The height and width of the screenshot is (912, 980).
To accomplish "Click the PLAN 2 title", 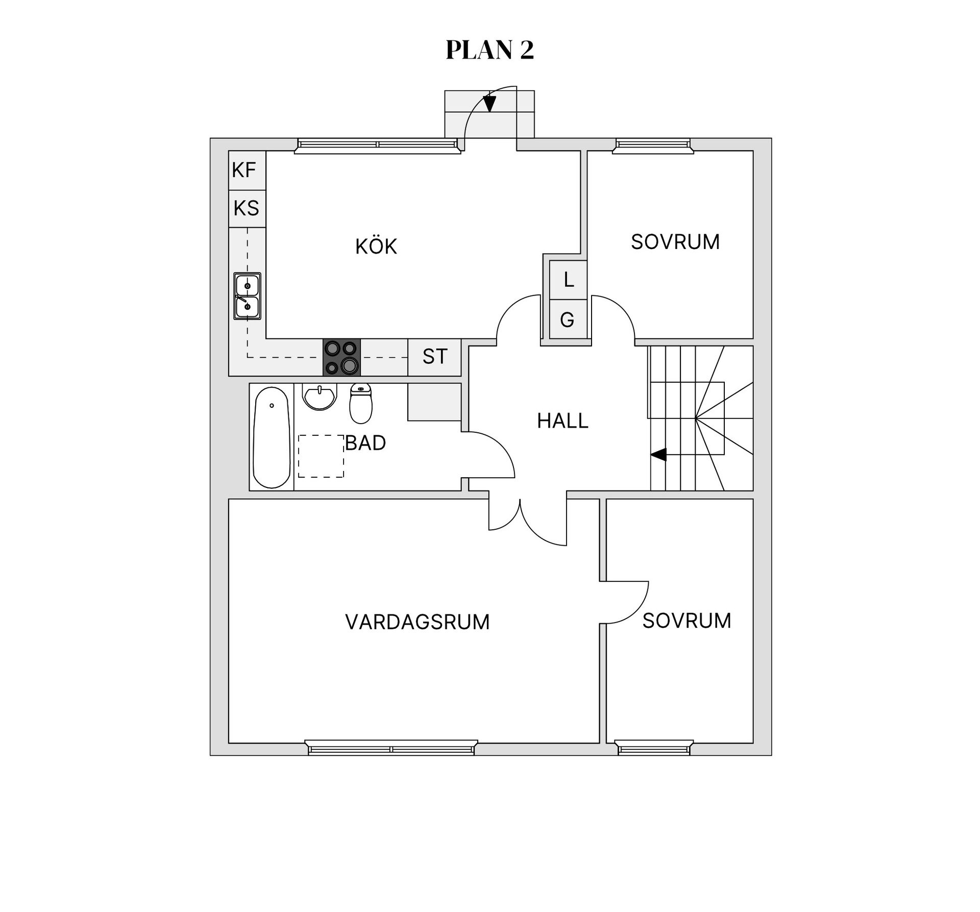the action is click(x=489, y=50).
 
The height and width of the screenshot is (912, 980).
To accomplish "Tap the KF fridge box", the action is click(x=247, y=170).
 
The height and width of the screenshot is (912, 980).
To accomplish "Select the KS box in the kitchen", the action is click(x=247, y=209).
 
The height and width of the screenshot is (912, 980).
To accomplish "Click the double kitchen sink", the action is click(x=247, y=296).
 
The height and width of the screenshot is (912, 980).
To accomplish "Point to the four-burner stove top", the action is click(x=341, y=357).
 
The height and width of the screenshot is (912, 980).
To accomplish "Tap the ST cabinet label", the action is click(x=435, y=357).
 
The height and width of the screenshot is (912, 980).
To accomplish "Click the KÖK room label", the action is click(x=376, y=247).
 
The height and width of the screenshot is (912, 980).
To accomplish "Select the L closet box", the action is click(x=568, y=280).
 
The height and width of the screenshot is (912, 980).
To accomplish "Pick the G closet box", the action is click(x=568, y=319).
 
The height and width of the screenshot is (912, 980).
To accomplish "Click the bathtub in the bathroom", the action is click(x=272, y=437).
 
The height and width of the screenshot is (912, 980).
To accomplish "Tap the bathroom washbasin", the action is click(x=320, y=397).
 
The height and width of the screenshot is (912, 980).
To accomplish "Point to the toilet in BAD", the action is click(x=361, y=404).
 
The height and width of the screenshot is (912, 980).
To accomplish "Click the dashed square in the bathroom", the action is click(x=321, y=456).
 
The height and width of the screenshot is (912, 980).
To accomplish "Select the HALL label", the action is click(x=563, y=421).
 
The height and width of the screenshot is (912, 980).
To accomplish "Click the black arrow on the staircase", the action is click(x=658, y=454).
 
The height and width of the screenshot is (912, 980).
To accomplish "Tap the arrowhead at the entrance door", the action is click(x=489, y=104).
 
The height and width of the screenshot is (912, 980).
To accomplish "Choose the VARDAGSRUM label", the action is click(x=418, y=622).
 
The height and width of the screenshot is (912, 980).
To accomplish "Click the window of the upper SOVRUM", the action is click(x=653, y=146).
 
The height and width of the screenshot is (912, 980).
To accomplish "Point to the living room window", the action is click(x=391, y=748).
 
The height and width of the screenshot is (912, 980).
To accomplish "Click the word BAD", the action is click(x=365, y=443).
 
